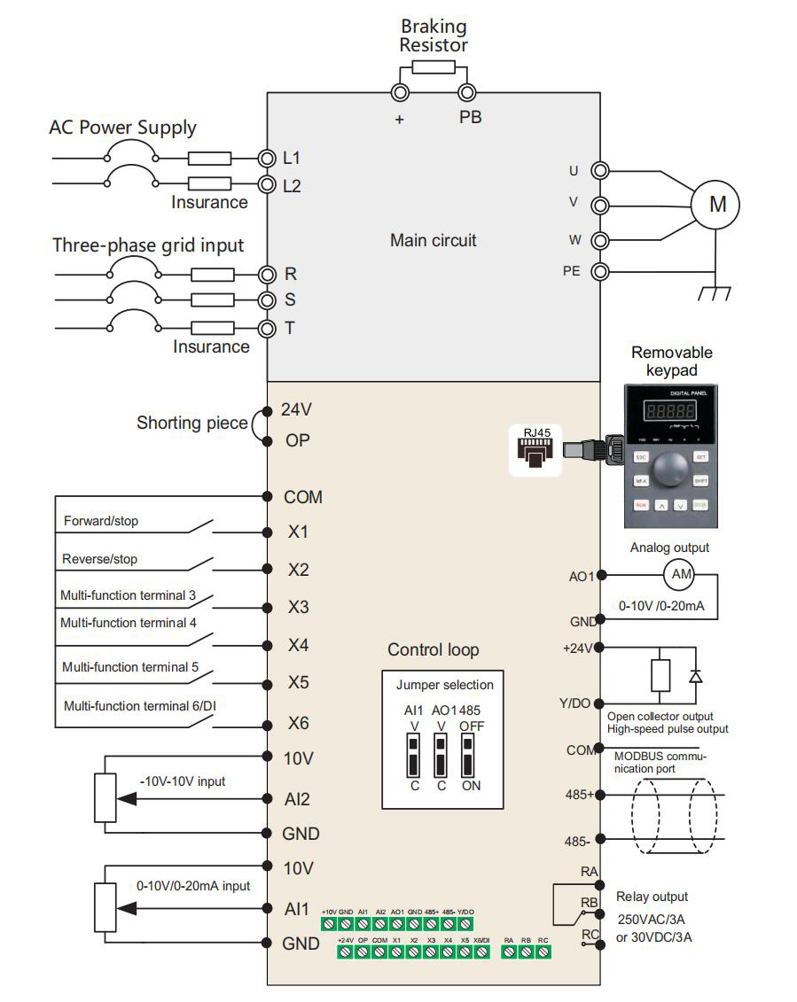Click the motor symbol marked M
click(717, 205)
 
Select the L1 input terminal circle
click(267, 159)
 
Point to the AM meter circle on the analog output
click(681, 574)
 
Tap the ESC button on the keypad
click(642, 456)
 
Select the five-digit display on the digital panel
click(671, 412)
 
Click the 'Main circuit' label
click(433, 240)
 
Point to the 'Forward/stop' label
click(101, 521)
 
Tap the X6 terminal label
click(298, 723)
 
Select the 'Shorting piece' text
click(191, 423)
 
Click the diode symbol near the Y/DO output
click(695, 676)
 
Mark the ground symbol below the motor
click(714, 290)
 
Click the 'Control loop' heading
click(433, 649)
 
